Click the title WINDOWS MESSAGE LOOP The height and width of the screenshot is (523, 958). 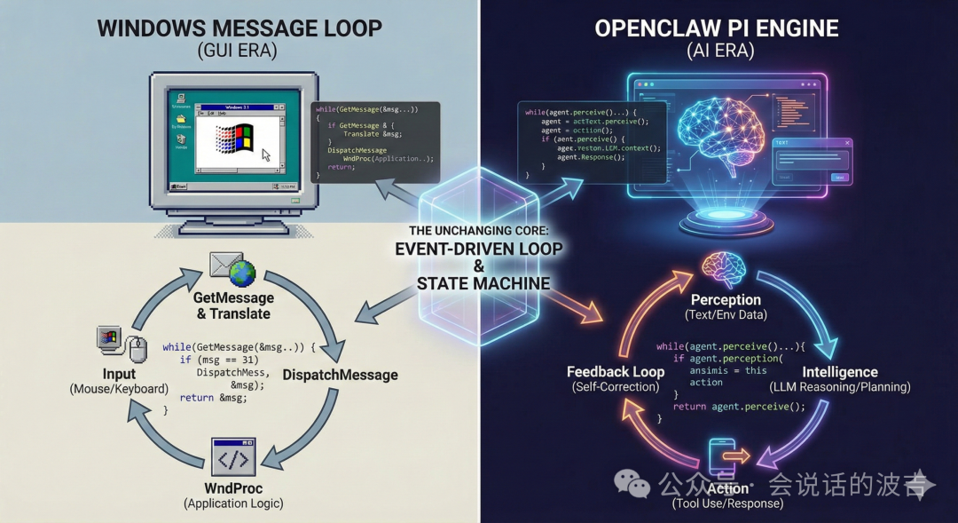click(239, 27)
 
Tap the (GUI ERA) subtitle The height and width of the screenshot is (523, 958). click(238, 51)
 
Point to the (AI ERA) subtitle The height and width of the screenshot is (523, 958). click(719, 51)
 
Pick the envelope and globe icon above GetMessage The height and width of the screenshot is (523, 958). click(232, 269)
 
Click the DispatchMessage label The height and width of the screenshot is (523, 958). click(340, 375)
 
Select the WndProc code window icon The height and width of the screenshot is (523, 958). click(233, 458)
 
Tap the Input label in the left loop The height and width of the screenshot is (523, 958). click(118, 374)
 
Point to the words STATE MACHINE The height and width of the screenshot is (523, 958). click(483, 284)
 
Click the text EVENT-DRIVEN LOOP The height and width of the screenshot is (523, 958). click(479, 249)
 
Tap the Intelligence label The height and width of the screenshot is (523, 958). click(839, 372)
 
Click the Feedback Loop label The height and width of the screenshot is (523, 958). click(616, 372)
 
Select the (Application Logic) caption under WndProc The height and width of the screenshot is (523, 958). click(233, 503)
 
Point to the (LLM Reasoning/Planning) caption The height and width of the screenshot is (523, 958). click(839, 387)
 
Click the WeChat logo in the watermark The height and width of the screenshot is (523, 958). click(632, 484)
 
